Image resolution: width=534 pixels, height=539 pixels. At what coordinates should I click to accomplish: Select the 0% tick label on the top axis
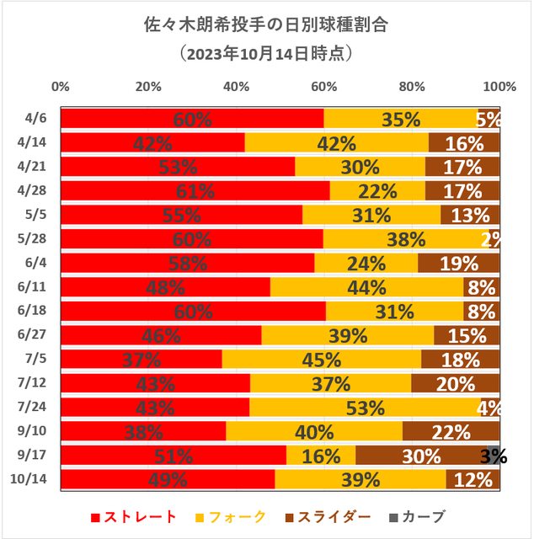[61, 86]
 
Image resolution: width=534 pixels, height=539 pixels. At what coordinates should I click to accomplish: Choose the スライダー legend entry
[334, 516]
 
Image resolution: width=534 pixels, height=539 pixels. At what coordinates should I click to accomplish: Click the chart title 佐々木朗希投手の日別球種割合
[267, 23]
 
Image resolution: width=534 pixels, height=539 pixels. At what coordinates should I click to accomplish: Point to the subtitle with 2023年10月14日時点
[267, 53]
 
